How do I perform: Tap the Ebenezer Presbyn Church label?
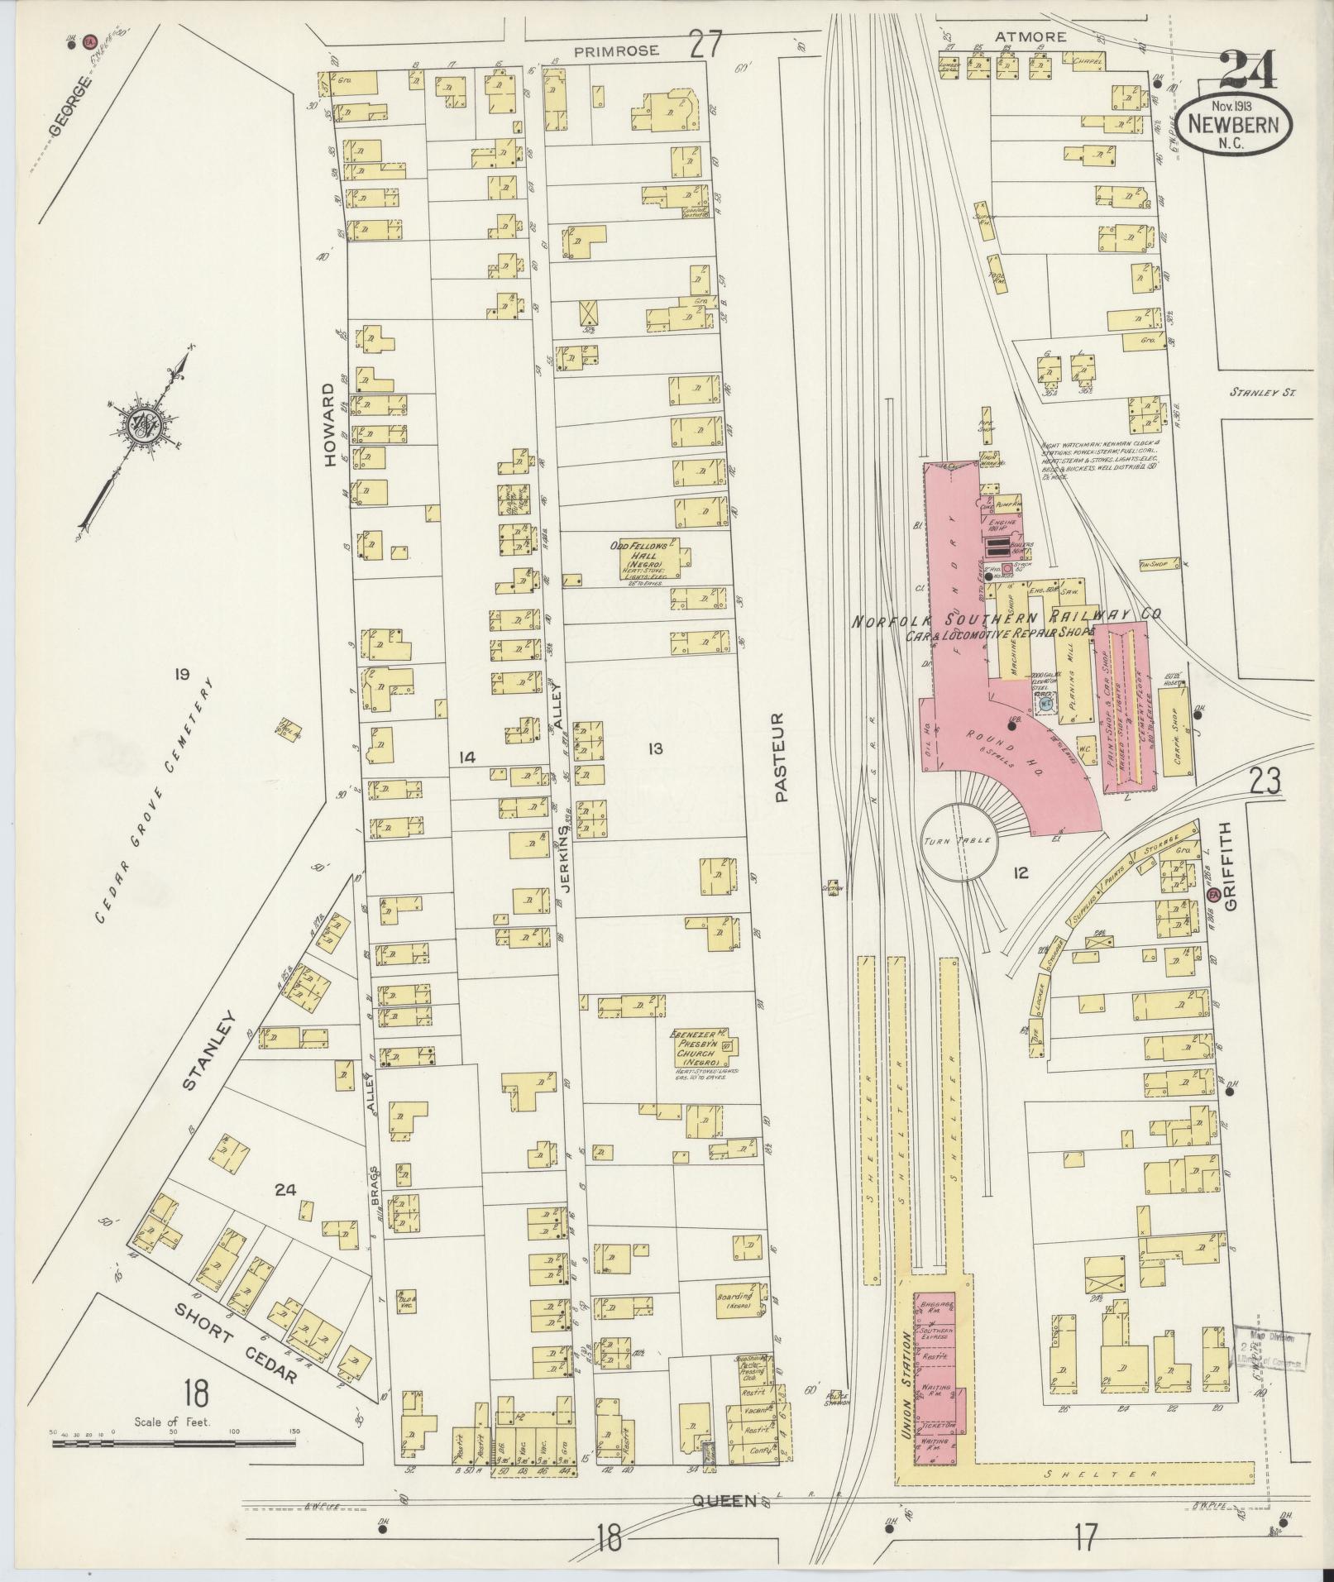click(x=699, y=1045)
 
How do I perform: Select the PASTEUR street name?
click(x=783, y=758)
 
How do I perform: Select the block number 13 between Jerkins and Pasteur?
click(x=655, y=749)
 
